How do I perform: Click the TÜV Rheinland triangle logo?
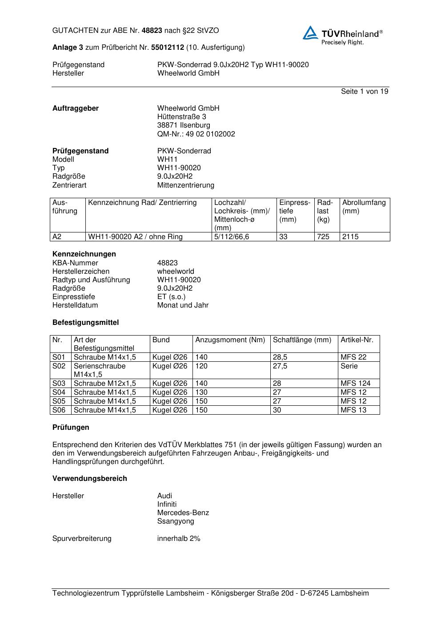tap(310, 33)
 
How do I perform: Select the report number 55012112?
tap(167, 47)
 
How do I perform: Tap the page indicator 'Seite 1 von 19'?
tap(364, 92)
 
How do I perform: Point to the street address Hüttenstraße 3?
tap(181, 117)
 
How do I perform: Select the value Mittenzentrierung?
tap(185, 185)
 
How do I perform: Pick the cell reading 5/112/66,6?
tap(232, 237)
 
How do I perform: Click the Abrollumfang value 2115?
tap(350, 237)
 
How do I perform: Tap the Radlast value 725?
tap(323, 237)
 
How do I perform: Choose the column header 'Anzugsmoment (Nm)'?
tap(230, 340)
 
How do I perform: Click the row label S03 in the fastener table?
tap(59, 383)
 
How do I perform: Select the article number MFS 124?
tap(355, 383)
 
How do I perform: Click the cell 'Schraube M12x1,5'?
tap(105, 383)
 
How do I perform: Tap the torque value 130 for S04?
tap(201, 392)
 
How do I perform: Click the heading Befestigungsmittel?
tap(85, 323)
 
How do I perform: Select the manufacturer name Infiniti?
tap(167, 504)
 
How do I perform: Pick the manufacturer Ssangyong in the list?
tap(176, 521)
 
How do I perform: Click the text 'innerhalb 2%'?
tap(179, 538)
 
